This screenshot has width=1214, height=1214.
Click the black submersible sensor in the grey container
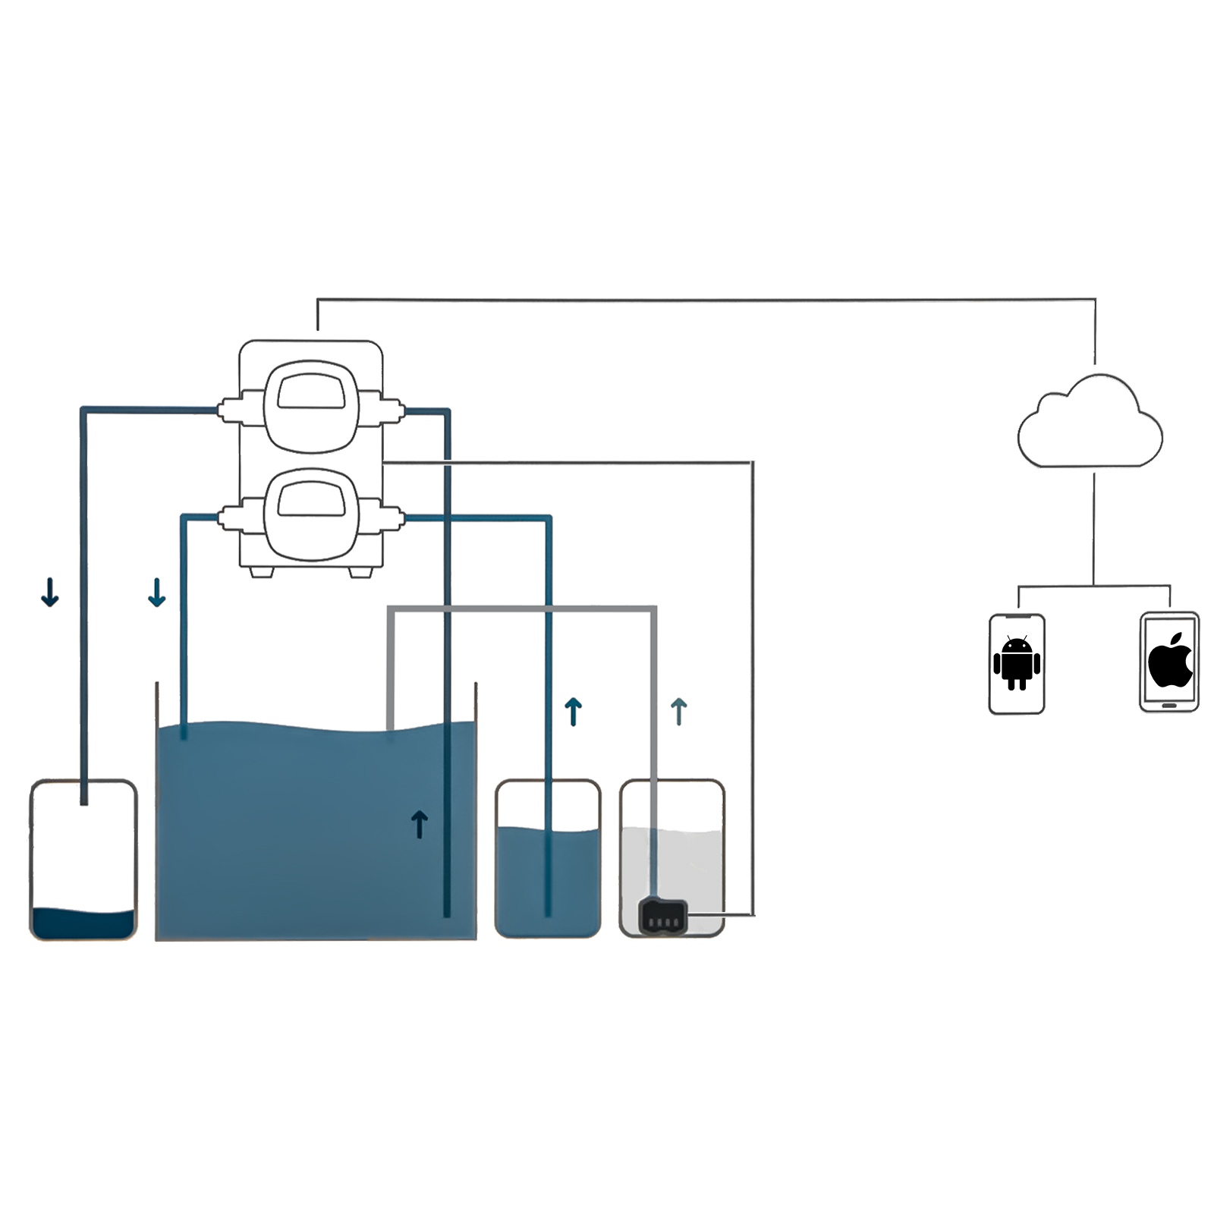(x=663, y=917)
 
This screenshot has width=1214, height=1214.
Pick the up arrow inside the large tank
(x=420, y=824)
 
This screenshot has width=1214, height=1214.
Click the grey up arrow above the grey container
(x=679, y=712)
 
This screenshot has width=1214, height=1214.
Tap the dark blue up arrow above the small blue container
(x=574, y=712)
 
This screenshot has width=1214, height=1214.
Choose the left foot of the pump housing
(x=261, y=571)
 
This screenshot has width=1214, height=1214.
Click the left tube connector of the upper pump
(x=230, y=410)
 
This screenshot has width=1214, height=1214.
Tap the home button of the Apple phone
(x=1169, y=705)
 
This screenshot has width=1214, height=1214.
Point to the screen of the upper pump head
(x=311, y=392)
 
